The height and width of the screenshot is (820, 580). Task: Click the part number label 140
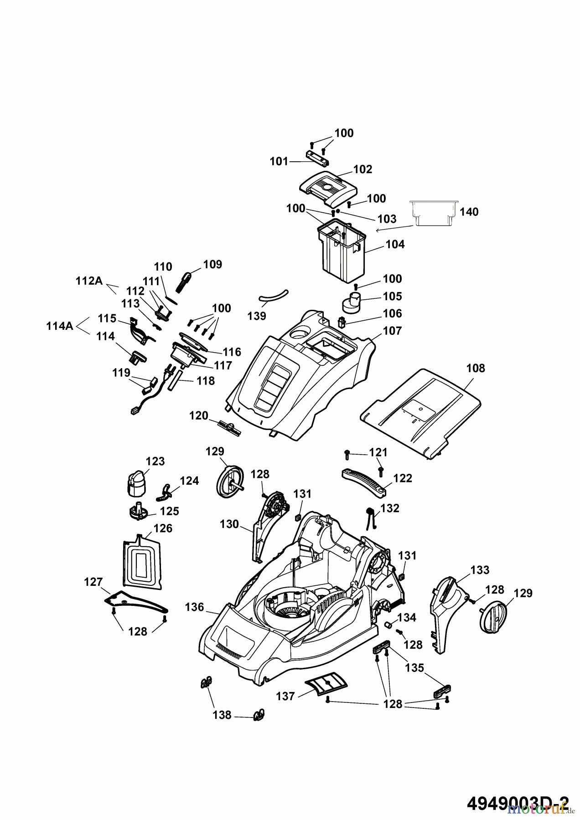point(469,212)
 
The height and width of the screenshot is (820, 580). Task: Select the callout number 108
point(476,368)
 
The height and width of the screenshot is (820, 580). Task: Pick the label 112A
point(89,281)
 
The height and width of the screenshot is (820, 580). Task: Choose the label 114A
point(60,326)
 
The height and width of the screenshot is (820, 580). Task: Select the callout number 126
point(163,528)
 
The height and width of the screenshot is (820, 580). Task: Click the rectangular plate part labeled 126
point(142,560)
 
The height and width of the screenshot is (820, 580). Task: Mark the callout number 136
point(195,607)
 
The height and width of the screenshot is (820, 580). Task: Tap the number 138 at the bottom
point(222,715)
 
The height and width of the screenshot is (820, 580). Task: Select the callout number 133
point(480,569)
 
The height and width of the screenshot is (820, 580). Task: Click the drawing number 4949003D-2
point(518,803)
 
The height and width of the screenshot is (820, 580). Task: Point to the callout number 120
point(198,415)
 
